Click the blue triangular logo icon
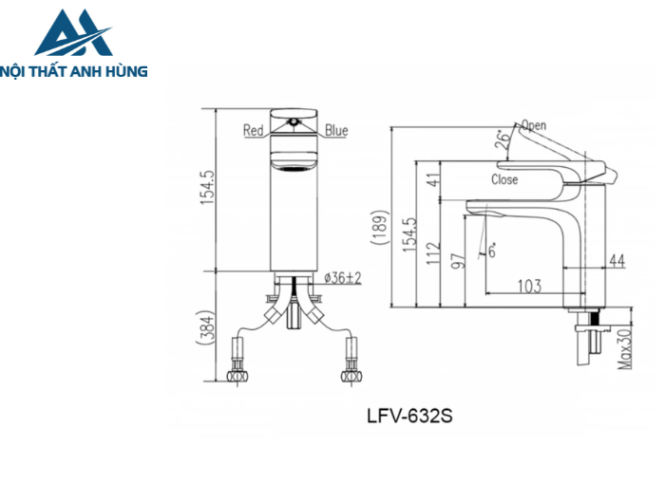tap(72, 33)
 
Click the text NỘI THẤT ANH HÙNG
tap(75, 70)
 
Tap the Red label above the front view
tap(253, 131)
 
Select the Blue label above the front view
tap(336, 131)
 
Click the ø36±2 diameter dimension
tap(342, 277)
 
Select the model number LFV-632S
tap(410, 415)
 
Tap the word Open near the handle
tap(534, 125)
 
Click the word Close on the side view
tap(504, 179)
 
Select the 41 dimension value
tap(434, 179)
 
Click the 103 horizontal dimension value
tap(529, 285)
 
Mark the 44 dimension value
tap(617, 261)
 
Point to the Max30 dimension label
tap(626, 349)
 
